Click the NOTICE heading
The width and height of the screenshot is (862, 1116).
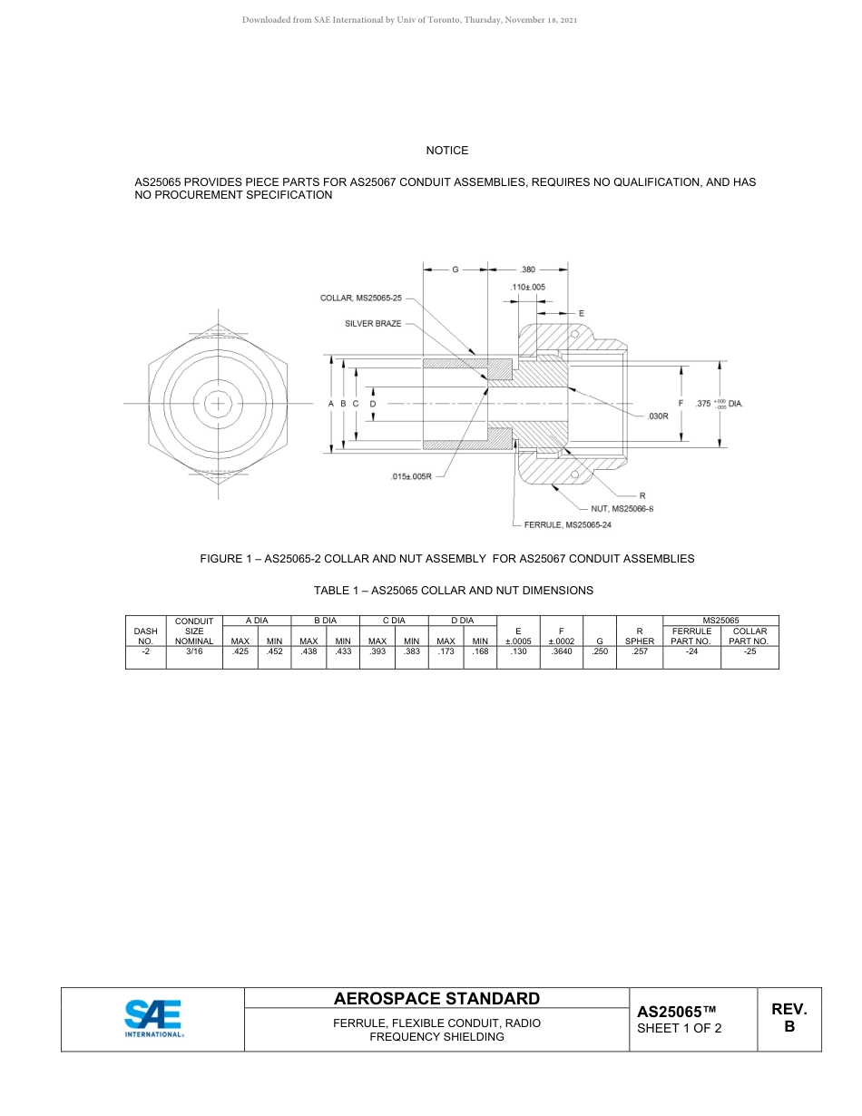click(447, 151)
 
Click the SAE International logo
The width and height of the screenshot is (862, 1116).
click(152, 1019)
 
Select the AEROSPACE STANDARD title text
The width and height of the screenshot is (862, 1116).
click(436, 999)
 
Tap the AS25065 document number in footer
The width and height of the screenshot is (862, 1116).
click(677, 1012)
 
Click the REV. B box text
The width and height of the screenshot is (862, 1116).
click(789, 1018)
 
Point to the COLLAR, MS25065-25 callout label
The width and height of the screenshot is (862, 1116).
click(360, 298)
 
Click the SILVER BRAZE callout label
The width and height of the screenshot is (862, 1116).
click(373, 324)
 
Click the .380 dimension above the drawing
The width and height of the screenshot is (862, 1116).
click(528, 269)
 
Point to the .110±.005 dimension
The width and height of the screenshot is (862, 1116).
click(527, 287)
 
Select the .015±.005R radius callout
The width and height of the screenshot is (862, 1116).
click(411, 475)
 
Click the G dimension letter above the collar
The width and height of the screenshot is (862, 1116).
click(455, 269)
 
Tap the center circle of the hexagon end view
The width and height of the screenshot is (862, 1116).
click(219, 403)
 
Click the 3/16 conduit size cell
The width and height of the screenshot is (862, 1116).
click(193, 651)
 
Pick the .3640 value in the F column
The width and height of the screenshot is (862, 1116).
click(563, 651)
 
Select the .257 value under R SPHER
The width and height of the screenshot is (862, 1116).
click(640, 651)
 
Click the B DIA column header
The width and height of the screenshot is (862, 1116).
click(325, 621)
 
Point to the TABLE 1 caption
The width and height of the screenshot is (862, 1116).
click(453, 591)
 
